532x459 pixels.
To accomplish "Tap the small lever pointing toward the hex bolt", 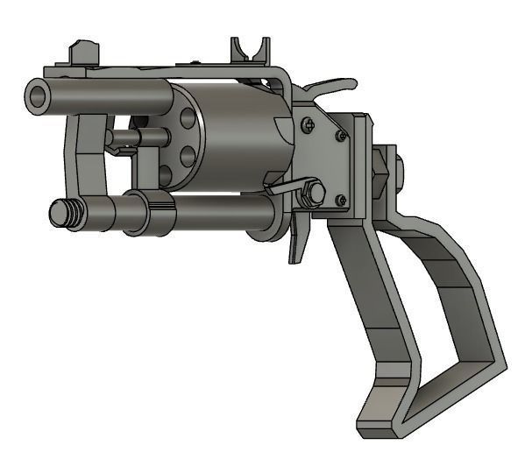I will pyautogui.click(x=285, y=189).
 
